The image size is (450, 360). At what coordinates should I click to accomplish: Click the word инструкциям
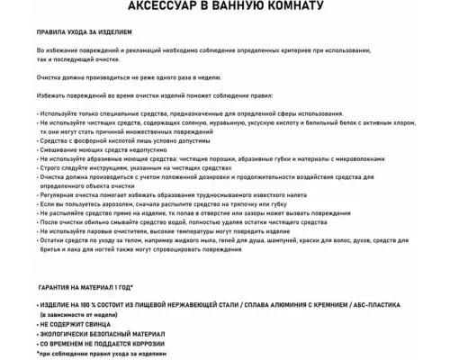coord(109,168)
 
